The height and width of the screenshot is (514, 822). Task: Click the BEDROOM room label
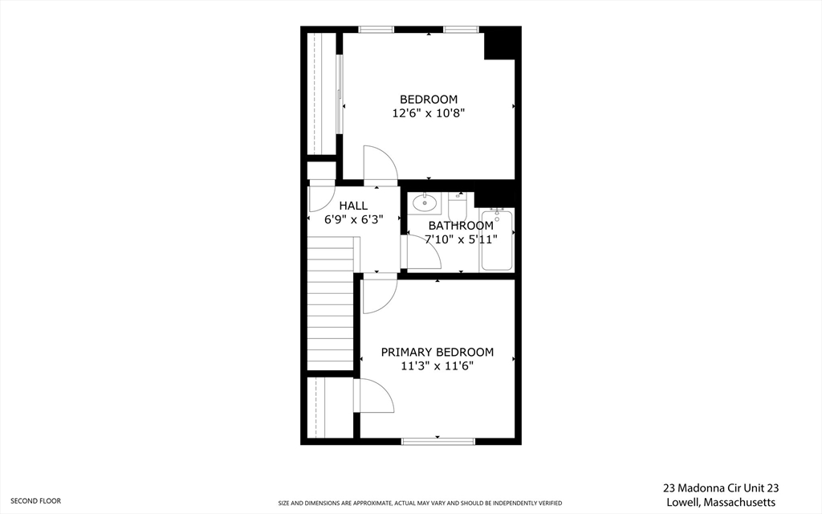[x=429, y=99]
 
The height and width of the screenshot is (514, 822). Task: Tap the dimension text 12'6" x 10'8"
[x=429, y=113]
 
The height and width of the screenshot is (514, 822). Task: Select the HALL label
[x=353, y=206]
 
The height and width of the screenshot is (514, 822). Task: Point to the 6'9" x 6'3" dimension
[x=353, y=219]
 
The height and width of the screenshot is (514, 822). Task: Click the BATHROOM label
[x=461, y=226]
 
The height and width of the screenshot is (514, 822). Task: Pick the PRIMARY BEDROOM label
[x=437, y=352]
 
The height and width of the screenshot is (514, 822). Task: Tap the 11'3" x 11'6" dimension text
[x=437, y=366]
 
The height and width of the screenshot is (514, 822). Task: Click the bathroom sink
[x=423, y=204]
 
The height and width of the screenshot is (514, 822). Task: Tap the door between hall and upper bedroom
[x=379, y=165]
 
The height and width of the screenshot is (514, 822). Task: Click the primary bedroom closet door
[x=374, y=397]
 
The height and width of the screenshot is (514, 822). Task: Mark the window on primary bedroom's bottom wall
[x=437, y=440]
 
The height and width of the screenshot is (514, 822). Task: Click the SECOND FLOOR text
[x=35, y=500]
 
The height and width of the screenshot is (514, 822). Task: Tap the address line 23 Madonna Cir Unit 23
[x=721, y=487]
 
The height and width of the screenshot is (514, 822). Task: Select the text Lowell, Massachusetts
[x=719, y=502]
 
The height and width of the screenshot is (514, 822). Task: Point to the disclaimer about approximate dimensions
[x=420, y=504]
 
